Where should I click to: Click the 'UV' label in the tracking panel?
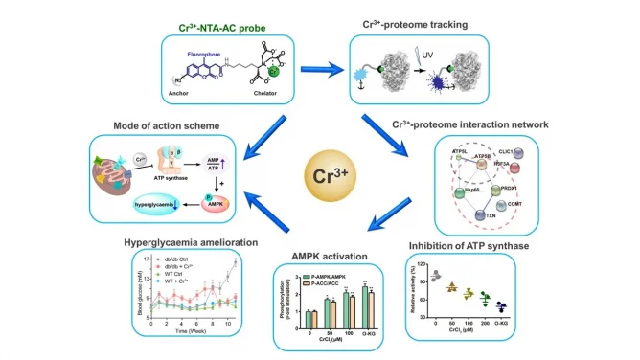pos(425,56)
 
